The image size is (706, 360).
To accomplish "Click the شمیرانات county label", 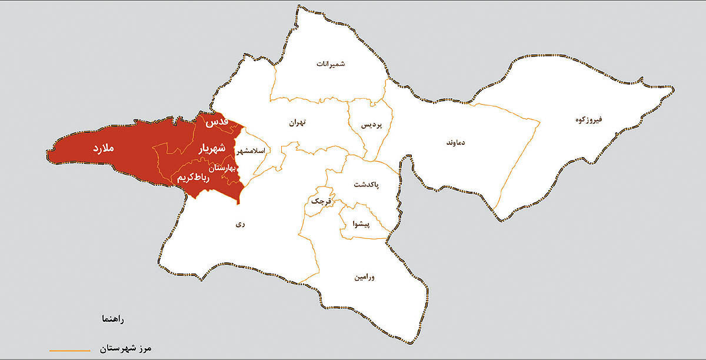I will (331, 64).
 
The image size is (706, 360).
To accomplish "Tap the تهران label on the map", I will (298, 124).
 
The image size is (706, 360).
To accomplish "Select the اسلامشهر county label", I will (251, 151).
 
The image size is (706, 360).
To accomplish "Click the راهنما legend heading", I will (112, 319).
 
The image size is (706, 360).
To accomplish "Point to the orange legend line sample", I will (70, 350).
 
